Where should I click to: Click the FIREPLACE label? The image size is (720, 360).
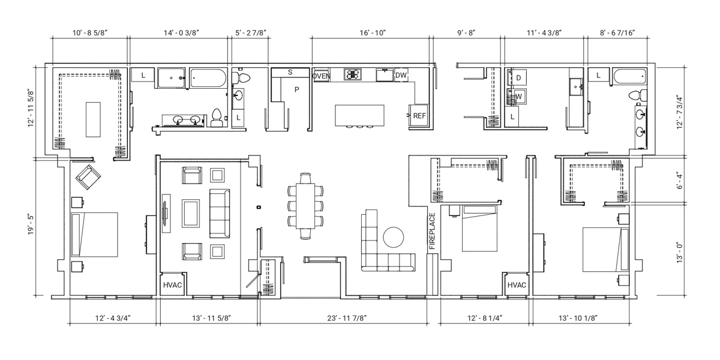432,231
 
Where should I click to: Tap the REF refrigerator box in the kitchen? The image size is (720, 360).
419,116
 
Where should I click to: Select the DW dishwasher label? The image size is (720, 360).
401,75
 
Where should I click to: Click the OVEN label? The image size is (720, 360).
321,76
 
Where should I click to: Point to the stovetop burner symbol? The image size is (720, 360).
353,74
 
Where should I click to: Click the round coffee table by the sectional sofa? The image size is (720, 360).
394,237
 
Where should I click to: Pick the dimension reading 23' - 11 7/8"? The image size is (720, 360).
347,318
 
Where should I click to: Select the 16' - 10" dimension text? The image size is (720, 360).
373,33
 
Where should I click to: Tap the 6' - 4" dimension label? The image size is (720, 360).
680,181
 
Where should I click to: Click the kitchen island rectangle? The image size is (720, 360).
359,115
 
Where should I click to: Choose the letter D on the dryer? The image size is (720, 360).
518,78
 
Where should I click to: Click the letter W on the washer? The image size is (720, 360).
518,97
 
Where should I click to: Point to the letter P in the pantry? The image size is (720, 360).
296,89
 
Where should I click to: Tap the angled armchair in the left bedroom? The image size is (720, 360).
88,177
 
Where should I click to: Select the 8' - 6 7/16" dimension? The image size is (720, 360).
617,33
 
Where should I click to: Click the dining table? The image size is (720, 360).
305,206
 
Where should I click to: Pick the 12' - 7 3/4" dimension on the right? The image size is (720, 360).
679,112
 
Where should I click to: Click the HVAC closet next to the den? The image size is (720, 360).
173,285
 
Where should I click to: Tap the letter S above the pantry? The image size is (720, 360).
290,73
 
